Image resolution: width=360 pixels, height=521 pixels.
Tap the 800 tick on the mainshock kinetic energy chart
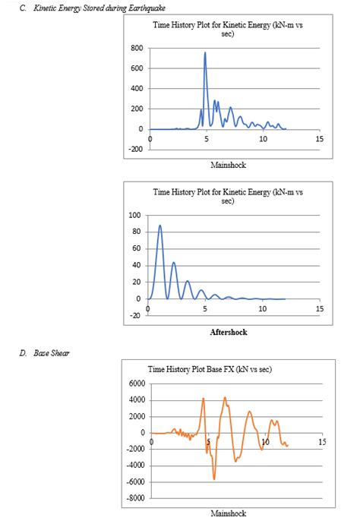pyautogui.click(x=137, y=48)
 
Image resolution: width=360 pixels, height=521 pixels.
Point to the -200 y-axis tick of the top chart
pyautogui.click(x=135, y=149)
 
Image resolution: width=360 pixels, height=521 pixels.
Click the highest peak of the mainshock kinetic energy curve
pyautogui.click(x=205, y=53)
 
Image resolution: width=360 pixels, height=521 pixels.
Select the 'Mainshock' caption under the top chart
pyautogui.click(x=228, y=165)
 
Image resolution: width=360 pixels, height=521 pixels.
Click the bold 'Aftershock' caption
pyautogui.click(x=228, y=332)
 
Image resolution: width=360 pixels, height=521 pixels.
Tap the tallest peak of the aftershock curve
pyautogui.click(x=159, y=226)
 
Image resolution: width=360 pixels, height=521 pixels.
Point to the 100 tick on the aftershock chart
pyautogui.click(x=137, y=215)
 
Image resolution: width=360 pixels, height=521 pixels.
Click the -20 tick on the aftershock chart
pyautogui.click(x=137, y=316)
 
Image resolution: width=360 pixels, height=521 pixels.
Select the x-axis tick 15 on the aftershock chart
pyautogui.click(x=319, y=309)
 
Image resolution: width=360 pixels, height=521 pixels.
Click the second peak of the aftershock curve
pyautogui.click(x=174, y=263)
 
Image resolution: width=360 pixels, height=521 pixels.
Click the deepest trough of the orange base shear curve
pyautogui.click(x=214, y=478)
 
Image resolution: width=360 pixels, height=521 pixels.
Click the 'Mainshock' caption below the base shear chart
pyautogui.click(x=228, y=513)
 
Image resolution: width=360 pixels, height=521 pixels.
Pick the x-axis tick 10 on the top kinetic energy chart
pyautogui.click(x=263, y=139)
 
